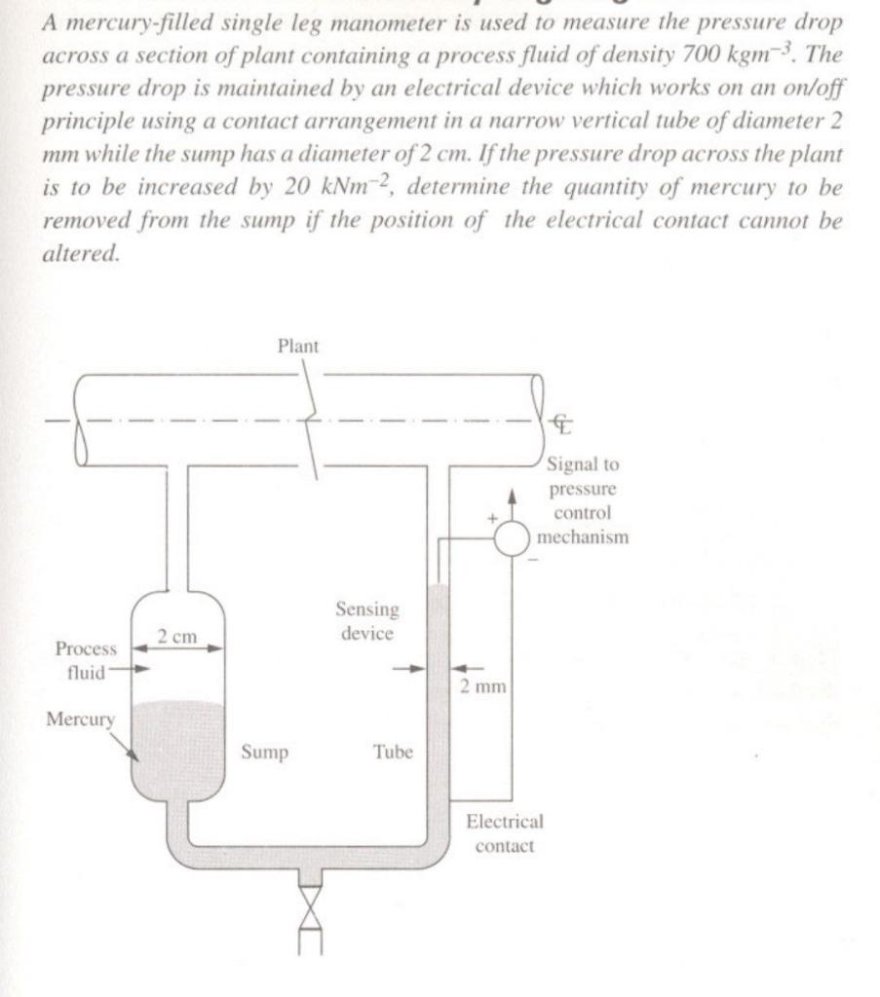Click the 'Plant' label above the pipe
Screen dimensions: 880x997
coord(298,346)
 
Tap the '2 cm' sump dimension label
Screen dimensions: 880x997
coord(178,637)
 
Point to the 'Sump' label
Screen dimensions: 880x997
coord(264,753)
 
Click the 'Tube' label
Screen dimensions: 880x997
coord(393,753)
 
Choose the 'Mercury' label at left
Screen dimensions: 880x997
coord(80,720)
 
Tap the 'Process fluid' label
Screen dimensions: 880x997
coord(86,659)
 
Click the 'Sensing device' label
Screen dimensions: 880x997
coord(367,621)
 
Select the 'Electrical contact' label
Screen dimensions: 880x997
coord(504,833)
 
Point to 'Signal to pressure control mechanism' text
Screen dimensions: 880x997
coord(587,499)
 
